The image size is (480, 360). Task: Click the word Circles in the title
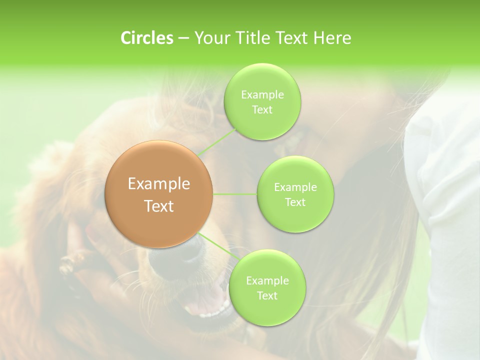pos(146,38)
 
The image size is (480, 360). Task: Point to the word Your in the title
pos(210,38)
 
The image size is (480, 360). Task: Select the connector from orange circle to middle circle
pos(235,194)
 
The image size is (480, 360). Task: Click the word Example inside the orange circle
pos(159,184)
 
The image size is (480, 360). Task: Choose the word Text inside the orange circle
pos(159,206)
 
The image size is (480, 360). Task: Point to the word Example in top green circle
pos(262,94)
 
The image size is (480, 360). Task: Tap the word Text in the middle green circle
pos(295,202)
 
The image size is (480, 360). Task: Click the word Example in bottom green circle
pos(267,281)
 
